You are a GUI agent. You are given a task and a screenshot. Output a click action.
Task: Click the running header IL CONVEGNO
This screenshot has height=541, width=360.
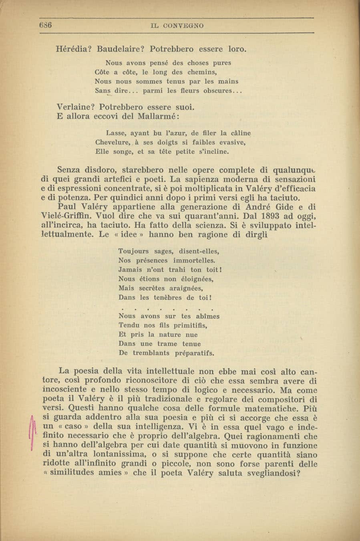[177, 26]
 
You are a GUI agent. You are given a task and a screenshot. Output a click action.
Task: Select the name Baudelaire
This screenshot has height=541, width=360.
[121, 49]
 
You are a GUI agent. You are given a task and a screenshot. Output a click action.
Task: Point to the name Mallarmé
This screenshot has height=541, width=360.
[159, 117]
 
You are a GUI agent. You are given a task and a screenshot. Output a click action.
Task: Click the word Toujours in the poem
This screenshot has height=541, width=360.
[134, 251]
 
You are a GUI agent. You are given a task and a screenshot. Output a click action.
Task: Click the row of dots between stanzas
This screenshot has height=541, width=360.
[166, 309]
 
